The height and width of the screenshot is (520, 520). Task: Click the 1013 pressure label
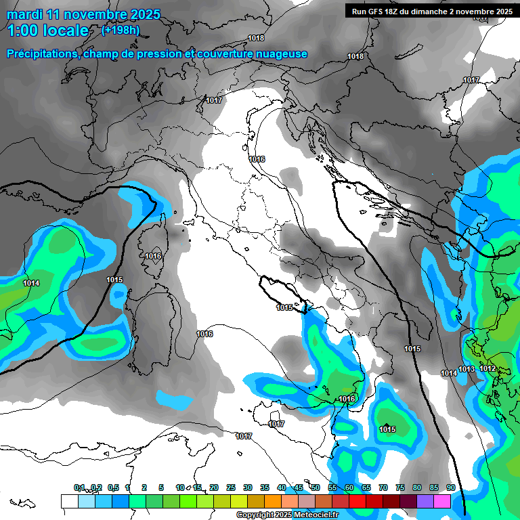tap(467, 369)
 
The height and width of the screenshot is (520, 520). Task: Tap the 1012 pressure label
tap(487, 369)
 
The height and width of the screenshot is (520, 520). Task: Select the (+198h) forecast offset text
tap(120, 30)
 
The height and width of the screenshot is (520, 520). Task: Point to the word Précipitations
tap(43, 54)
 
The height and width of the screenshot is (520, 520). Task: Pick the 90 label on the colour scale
tap(450, 487)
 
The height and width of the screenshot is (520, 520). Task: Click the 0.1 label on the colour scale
tap(79, 487)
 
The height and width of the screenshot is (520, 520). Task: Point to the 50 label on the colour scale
tap(316, 487)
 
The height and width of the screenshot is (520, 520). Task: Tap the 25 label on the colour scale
tap(231, 487)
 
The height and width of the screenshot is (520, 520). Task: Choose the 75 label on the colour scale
tap(400, 487)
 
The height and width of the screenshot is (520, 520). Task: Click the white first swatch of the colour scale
tap(69, 501)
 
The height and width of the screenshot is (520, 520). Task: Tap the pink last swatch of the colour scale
tap(442, 501)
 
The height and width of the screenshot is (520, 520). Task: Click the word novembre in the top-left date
tap(95, 14)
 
